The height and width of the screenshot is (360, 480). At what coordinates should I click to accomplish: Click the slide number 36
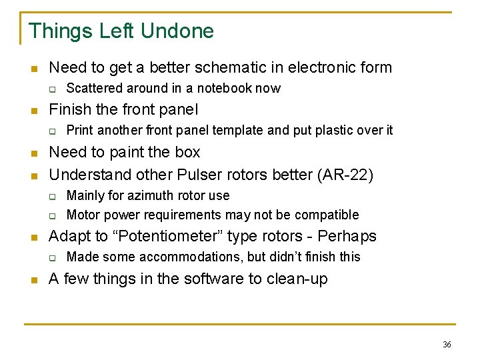pos(447,344)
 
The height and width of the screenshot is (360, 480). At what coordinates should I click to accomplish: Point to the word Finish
pos(69,109)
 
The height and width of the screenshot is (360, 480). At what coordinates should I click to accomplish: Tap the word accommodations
pos(190,257)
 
